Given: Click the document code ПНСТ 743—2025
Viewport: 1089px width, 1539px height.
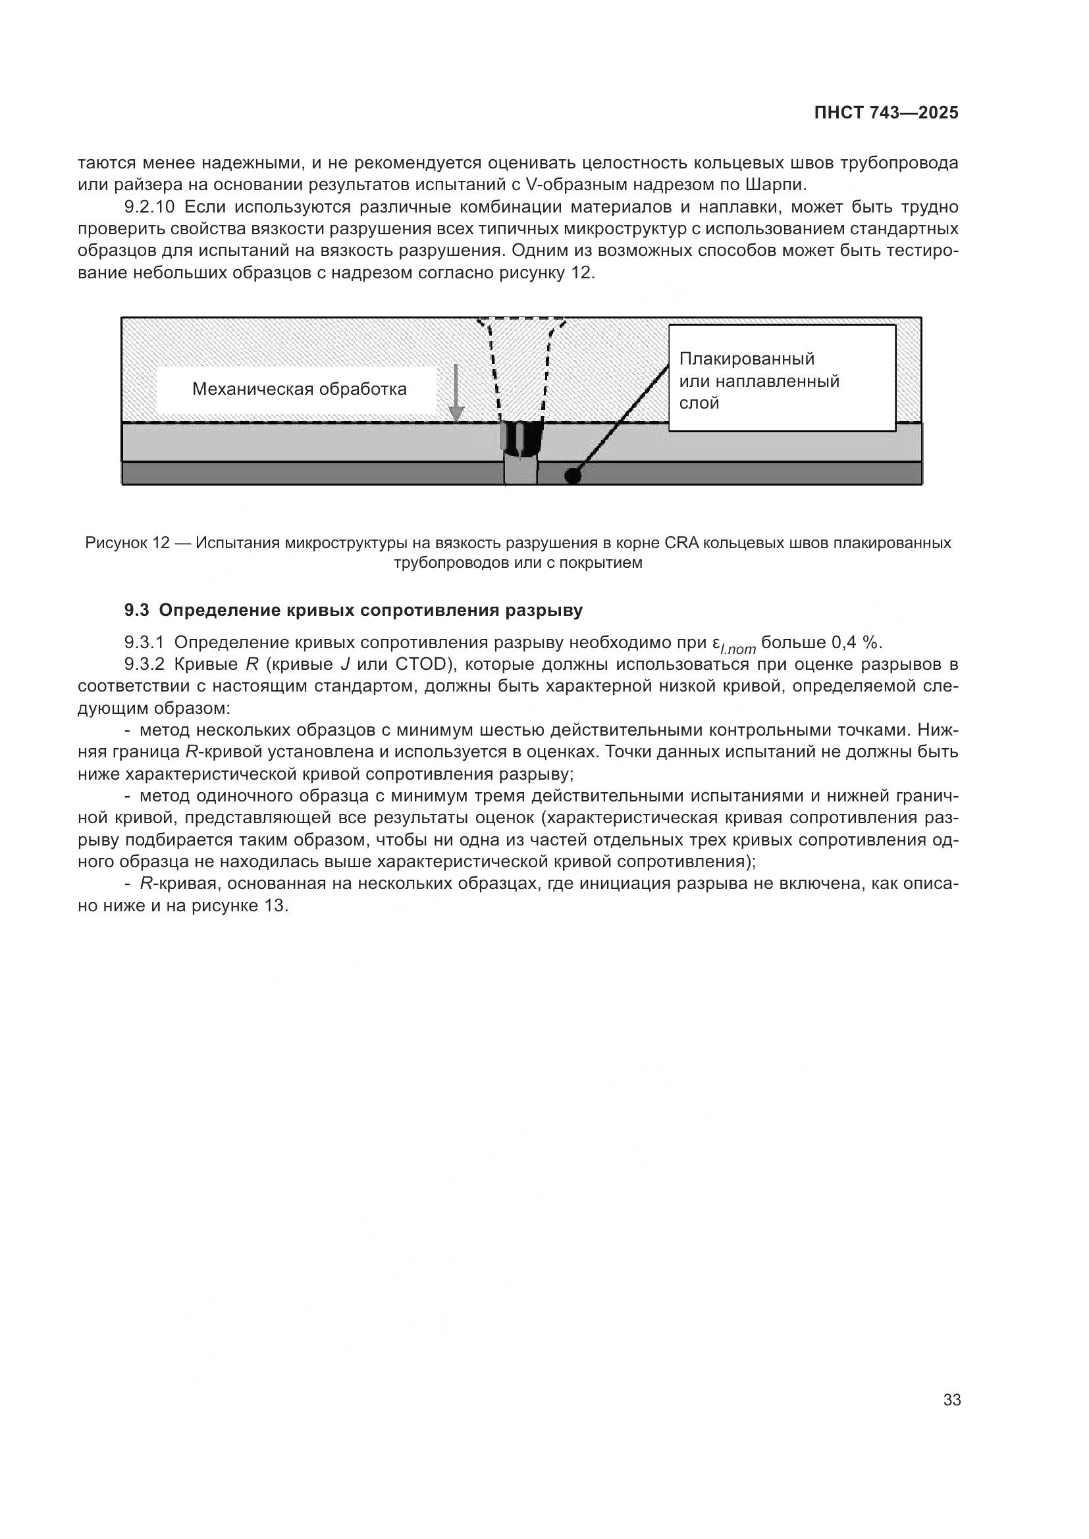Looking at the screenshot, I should [x=886, y=113].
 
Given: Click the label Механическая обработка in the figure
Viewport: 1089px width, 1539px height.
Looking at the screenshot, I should [x=299, y=390].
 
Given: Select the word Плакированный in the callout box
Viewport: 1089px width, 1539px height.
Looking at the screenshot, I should [x=747, y=359].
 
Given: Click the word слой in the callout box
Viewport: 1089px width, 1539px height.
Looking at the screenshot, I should [x=699, y=403].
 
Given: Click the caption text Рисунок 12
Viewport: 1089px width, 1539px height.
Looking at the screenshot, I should [x=128, y=543].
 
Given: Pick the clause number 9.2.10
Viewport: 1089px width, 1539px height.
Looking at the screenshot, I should [x=153, y=207].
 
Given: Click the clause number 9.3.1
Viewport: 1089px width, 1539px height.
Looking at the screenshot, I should [x=144, y=643].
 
